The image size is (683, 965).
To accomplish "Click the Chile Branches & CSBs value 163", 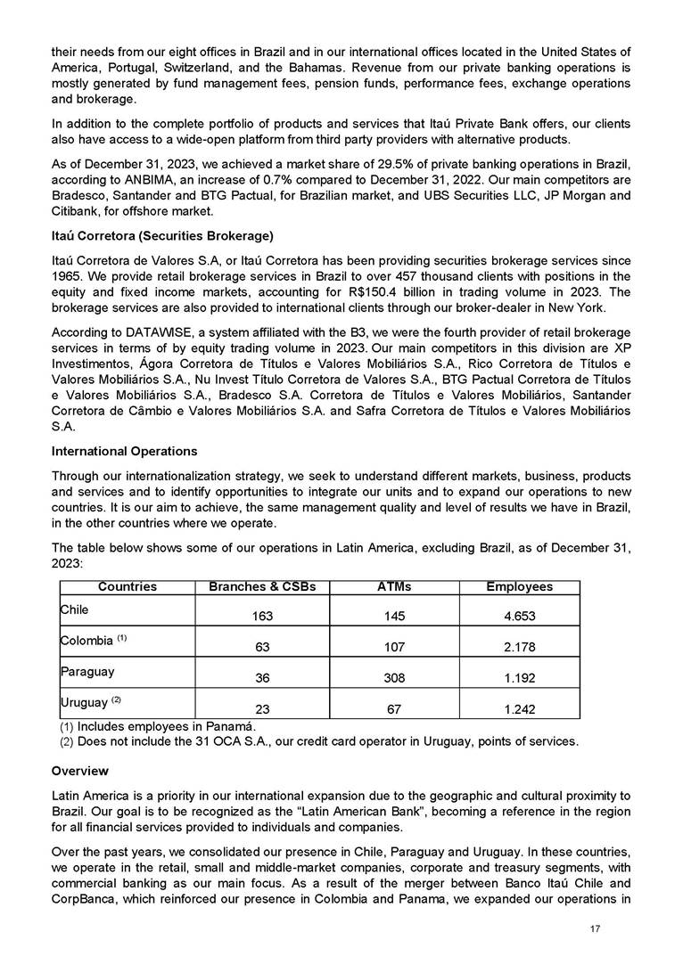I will pyautogui.click(x=262, y=617).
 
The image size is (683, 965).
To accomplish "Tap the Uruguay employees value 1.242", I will pyautogui.click(x=519, y=708).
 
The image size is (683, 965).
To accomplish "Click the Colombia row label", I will pyautogui.click(x=86, y=641).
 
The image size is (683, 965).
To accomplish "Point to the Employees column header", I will pyautogui.click(x=519, y=587).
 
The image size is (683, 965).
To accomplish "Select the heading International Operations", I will pyautogui.click(x=125, y=451).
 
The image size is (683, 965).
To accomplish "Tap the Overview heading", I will pyautogui.click(x=80, y=770).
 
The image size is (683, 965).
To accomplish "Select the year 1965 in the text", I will pyautogui.click(x=67, y=273).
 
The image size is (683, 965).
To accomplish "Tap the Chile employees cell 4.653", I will pyautogui.click(x=519, y=617).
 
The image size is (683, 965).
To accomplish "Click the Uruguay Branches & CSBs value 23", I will pyautogui.click(x=262, y=708).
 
